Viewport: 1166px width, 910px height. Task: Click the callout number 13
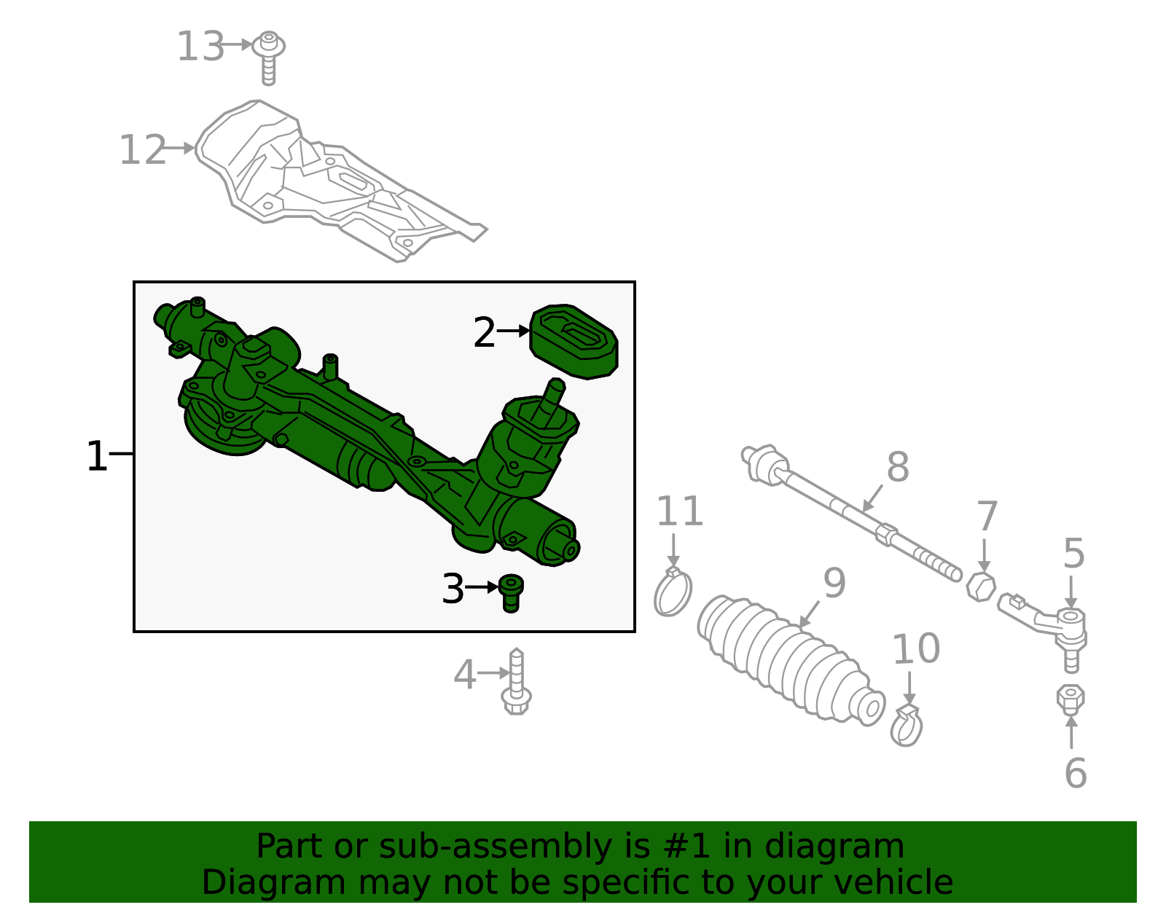click(x=200, y=47)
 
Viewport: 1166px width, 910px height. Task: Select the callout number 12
click(x=143, y=151)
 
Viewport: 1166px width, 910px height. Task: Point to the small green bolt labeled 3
click(x=511, y=592)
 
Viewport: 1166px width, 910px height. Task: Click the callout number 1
click(x=96, y=457)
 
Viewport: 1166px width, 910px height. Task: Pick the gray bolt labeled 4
click(x=517, y=682)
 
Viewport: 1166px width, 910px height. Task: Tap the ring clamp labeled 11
click(x=673, y=592)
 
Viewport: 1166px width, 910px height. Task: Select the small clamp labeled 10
click(x=907, y=726)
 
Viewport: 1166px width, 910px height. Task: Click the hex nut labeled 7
click(x=981, y=586)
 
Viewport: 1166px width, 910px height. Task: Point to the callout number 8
click(x=898, y=467)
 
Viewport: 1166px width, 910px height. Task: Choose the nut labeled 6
click(x=1071, y=700)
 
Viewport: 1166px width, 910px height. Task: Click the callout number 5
click(x=1073, y=554)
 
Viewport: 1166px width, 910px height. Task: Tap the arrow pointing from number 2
click(x=514, y=331)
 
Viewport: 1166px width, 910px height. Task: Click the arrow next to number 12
click(x=179, y=149)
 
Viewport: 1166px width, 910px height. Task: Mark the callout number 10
click(x=916, y=648)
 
